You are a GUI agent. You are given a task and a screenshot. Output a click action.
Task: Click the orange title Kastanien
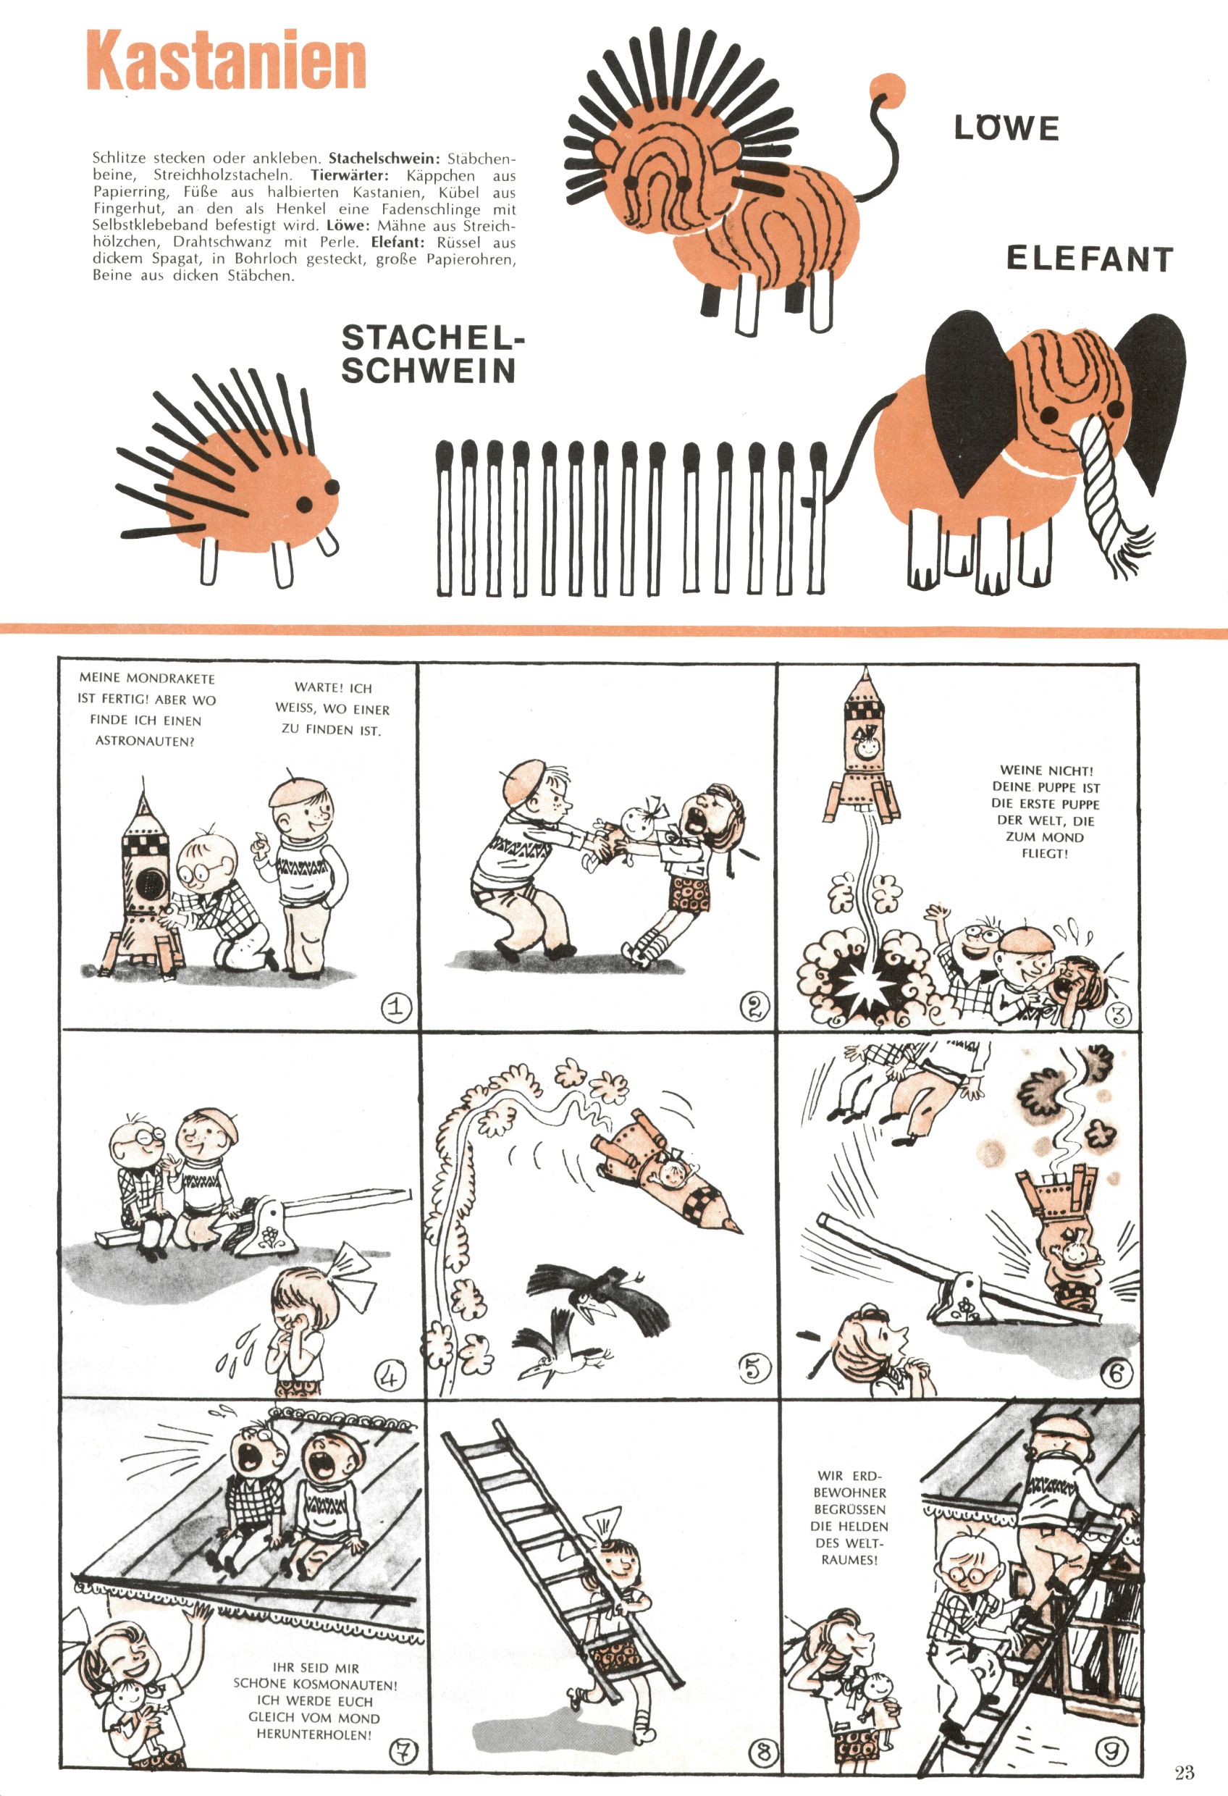226,61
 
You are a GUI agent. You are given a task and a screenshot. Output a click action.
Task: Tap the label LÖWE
1006,127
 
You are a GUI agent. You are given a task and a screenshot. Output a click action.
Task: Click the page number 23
1184,1772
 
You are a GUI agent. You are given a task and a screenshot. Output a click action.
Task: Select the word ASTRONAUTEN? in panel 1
145,741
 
